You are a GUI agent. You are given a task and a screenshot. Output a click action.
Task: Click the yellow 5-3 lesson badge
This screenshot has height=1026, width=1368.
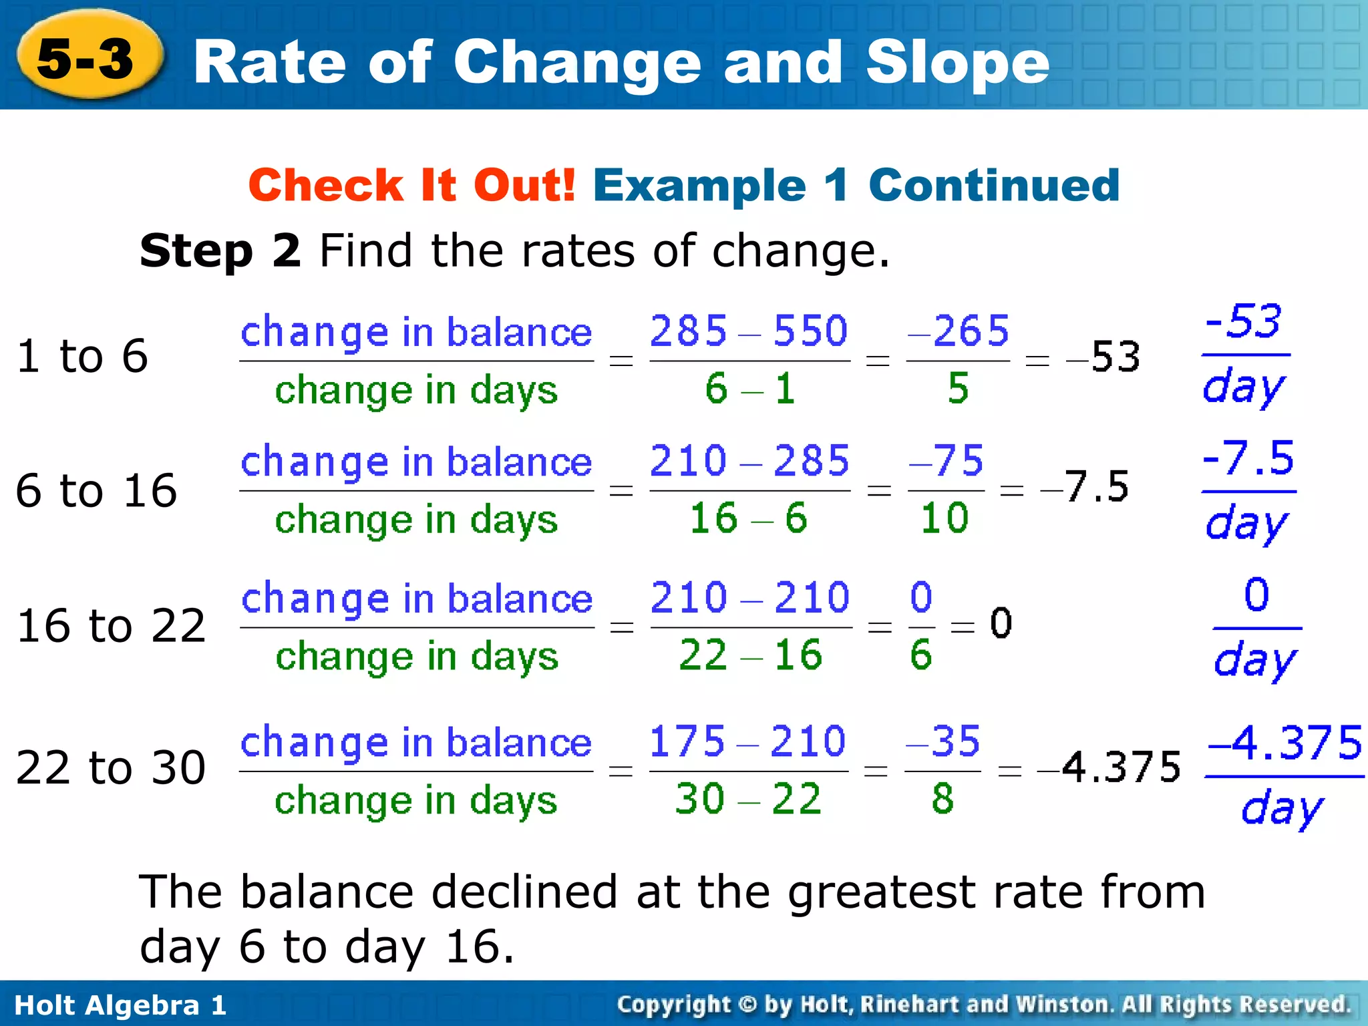click(87, 57)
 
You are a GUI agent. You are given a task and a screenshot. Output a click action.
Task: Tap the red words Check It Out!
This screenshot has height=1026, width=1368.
click(411, 185)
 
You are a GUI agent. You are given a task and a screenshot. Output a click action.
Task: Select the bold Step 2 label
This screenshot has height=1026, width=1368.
click(220, 251)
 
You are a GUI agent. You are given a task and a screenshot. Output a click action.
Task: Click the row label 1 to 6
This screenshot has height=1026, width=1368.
click(81, 355)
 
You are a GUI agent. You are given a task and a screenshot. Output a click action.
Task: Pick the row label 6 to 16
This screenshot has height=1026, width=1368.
click(96, 490)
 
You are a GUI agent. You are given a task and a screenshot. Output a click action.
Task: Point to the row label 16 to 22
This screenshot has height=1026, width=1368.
click(111, 626)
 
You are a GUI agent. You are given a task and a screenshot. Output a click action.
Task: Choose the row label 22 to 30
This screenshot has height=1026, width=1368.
click(110, 767)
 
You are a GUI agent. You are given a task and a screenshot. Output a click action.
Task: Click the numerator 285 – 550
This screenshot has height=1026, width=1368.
click(749, 331)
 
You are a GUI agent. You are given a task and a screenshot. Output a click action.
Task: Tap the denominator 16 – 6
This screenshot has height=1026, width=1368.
click(749, 518)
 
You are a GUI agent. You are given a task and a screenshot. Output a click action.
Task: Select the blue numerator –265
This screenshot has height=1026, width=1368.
click(958, 331)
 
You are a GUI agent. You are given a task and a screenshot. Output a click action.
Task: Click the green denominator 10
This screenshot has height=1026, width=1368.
click(945, 518)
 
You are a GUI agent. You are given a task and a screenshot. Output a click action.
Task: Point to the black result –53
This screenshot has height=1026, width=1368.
click(1103, 357)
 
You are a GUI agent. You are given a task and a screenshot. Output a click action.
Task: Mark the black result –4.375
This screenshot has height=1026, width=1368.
click(1109, 767)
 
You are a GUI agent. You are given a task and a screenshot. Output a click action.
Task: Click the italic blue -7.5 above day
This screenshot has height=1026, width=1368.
click(1248, 458)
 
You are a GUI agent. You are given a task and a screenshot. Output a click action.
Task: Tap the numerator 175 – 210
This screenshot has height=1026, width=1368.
click(747, 741)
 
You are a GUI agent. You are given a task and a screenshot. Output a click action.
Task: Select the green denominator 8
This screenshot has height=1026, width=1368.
click(943, 799)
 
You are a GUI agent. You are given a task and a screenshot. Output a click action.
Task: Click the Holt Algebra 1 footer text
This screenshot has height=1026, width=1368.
click(120, 1005)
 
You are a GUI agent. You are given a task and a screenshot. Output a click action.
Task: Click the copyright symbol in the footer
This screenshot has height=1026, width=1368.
click(747, 1005)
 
